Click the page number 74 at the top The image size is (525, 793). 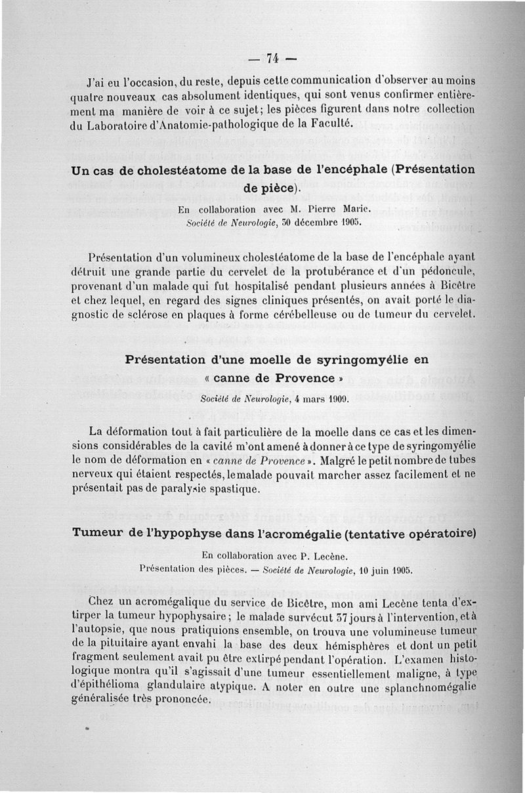click(x=272, y=58)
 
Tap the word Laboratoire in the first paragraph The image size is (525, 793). click(x=124, y=125)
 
